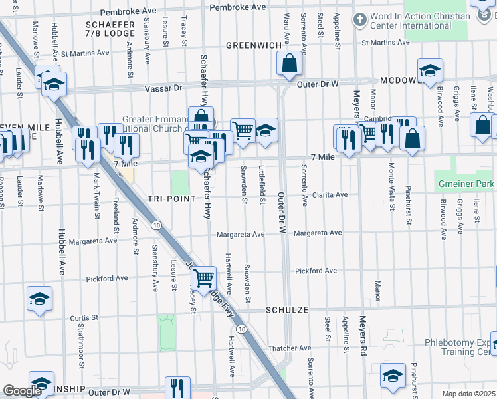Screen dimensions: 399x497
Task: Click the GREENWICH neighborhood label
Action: tap(253, 45)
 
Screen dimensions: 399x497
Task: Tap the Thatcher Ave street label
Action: tap(290, 348)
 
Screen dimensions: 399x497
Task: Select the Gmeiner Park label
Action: tap(466, 183)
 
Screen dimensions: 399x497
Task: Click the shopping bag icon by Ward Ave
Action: tap(290, 64)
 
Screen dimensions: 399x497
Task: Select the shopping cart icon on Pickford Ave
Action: tap(204, 277)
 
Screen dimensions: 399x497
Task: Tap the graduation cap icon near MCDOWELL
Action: tap(431, 70)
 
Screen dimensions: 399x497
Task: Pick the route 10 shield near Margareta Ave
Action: tap(155, 226)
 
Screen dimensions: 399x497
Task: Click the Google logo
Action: tap(22, 391)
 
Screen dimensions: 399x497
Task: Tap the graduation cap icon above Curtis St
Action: tap(39, 298)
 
